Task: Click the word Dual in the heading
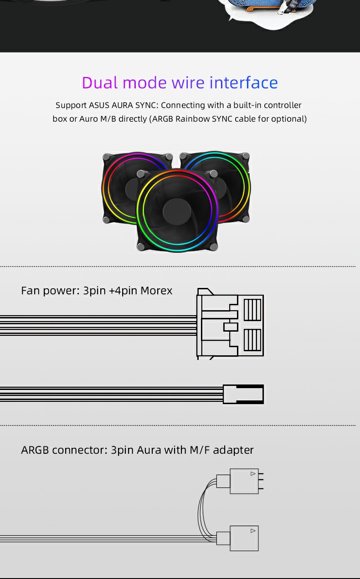click(100, 83)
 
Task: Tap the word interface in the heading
click(243, 83)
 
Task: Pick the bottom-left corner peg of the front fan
click(141, 246)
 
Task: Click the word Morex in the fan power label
click(156, 291)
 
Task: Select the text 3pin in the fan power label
click(94, 291)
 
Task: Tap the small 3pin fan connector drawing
click(243, 394)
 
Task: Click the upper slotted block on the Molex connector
click(252, 310)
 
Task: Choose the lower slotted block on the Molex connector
click(252, 340)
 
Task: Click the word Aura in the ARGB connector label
click(149, 450)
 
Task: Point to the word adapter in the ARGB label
click(233, 450)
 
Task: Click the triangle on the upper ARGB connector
click(253, 474)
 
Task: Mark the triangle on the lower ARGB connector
click(253, 531)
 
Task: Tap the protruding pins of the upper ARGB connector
click(261, 481)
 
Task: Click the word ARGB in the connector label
click(35, 450)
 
